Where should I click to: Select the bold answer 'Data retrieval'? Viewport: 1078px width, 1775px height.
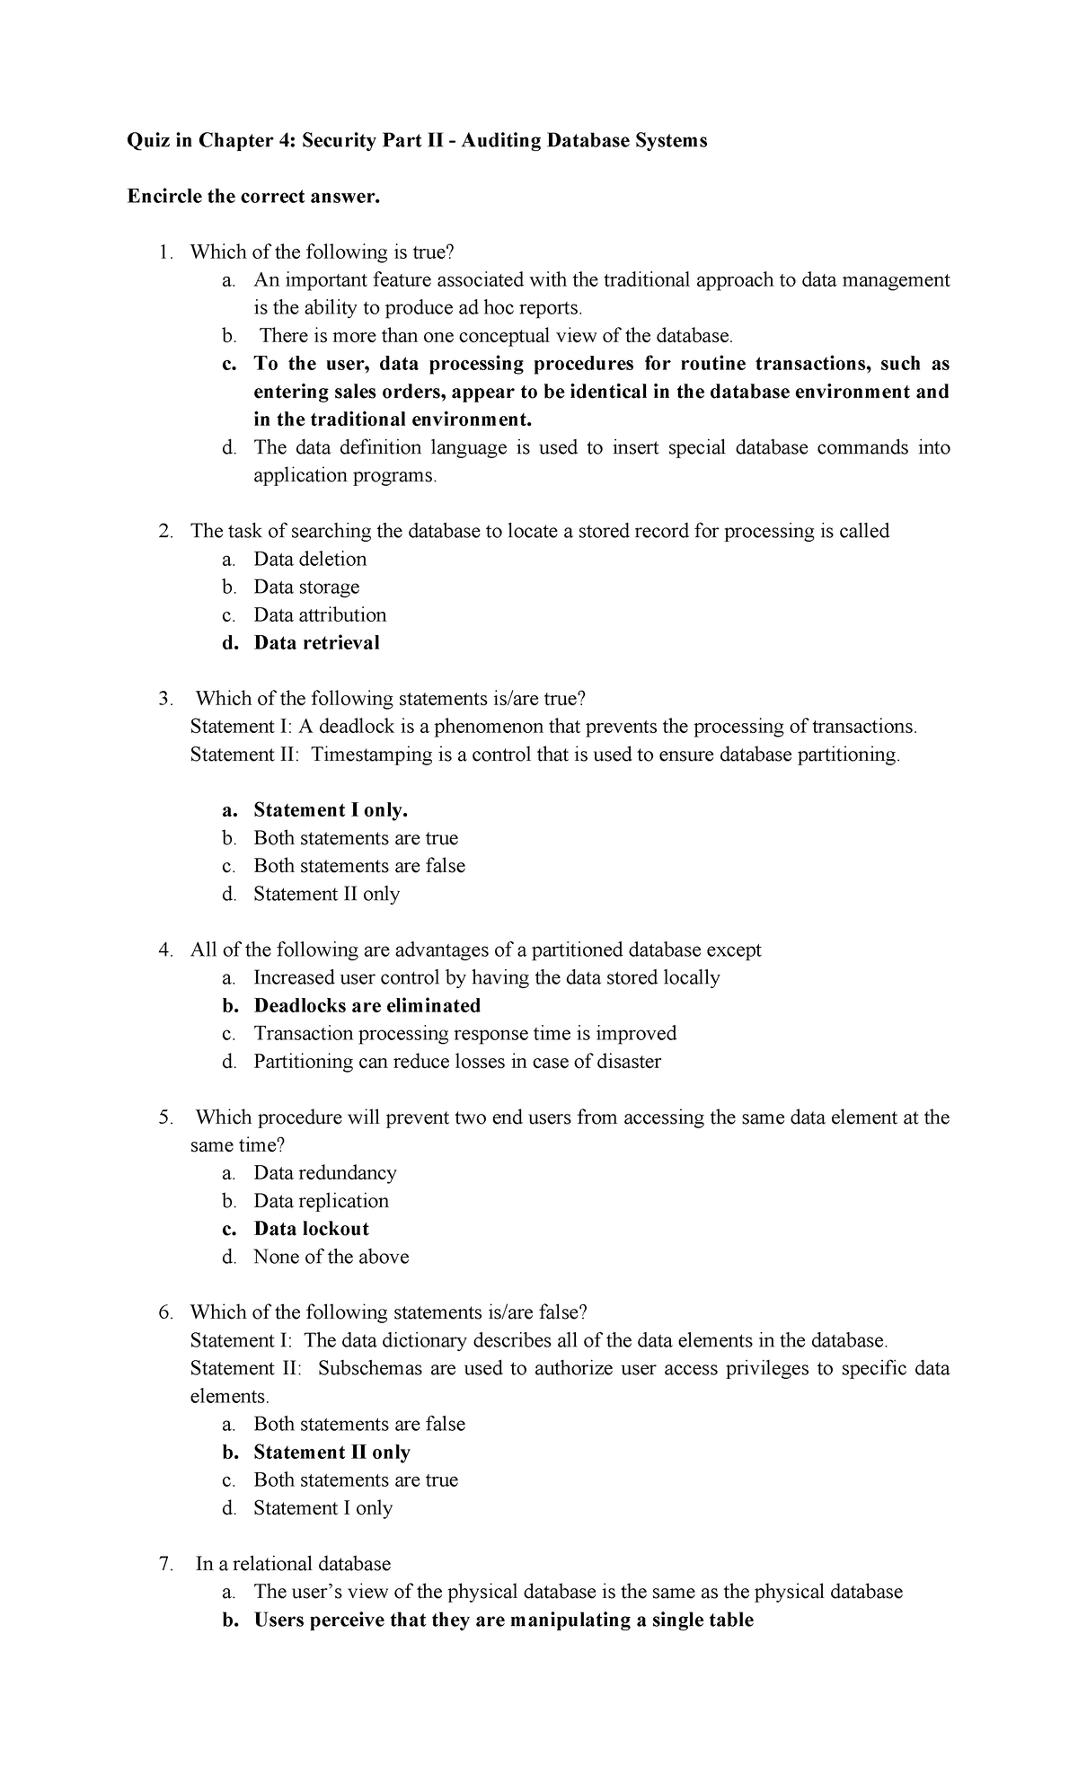(x=316, y=643)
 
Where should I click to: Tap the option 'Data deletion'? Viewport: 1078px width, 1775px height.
(x=310, y=560)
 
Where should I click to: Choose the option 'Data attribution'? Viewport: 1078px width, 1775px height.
(x=320, y=615)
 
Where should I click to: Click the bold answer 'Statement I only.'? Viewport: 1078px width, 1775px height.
(x=331, y=810)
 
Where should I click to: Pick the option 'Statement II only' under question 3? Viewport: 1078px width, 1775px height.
(x=326, y=894)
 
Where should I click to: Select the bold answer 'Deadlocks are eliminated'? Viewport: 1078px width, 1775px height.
(x=367, y=1006)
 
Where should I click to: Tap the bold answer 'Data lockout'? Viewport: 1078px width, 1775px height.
(x=311, y=1229)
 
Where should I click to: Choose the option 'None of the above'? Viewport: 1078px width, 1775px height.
(x=331, y=1257)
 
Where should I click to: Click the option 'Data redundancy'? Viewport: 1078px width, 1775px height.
(x=324, y=1173)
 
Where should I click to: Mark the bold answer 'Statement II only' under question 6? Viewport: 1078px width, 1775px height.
(x=331, y=1453)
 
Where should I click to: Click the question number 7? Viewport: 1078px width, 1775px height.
(x=164, y=1564)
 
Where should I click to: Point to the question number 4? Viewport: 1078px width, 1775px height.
(x=164, y=950)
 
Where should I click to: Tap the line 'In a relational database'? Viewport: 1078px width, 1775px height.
(x=293, y=1564)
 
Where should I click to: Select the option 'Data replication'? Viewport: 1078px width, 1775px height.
(x=321, y=1201)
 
